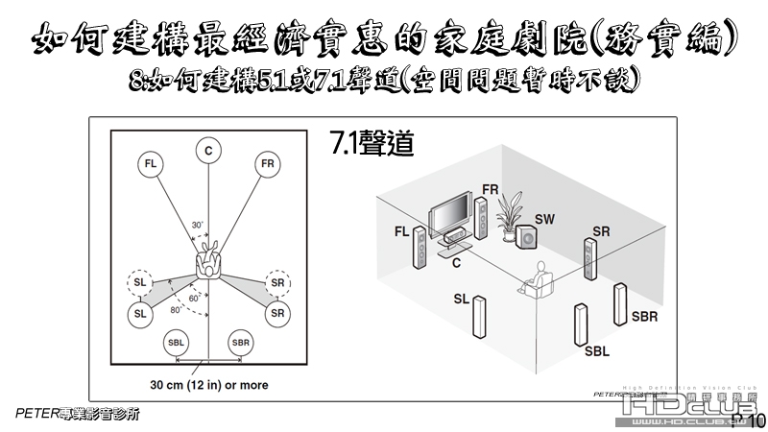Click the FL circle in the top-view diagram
[x=150, y=163]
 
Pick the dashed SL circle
[x=140, y=285]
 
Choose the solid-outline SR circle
[x=278, y=313]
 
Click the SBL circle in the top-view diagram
[x=177, y=343]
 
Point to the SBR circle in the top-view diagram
[x=240, y=343]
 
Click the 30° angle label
[x=198, y=225]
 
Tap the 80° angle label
[x=177, y=310]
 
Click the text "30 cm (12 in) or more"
[x=209, y=385]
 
